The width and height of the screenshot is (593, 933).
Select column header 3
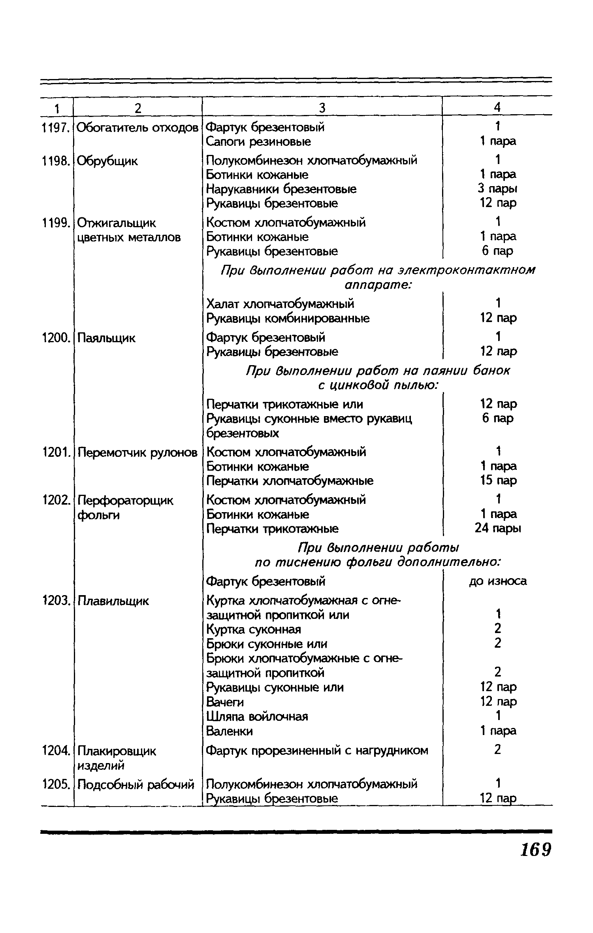(322, 108)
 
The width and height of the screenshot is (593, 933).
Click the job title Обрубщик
(107, 161)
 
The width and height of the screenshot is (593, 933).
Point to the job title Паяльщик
(106, 338)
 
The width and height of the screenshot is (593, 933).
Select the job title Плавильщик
(113, 601)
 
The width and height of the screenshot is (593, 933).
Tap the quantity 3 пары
(497, 189)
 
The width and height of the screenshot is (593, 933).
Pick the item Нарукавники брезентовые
(281, 189)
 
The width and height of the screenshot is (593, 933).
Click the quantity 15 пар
(498, 481)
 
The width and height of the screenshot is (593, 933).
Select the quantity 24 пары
(498, 528)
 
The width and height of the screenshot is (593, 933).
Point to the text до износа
(498, 581)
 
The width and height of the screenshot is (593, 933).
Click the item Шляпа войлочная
(257, 716)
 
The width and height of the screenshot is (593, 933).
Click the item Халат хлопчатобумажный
(280, 304)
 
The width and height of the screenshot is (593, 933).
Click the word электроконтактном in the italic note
(467, 270)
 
